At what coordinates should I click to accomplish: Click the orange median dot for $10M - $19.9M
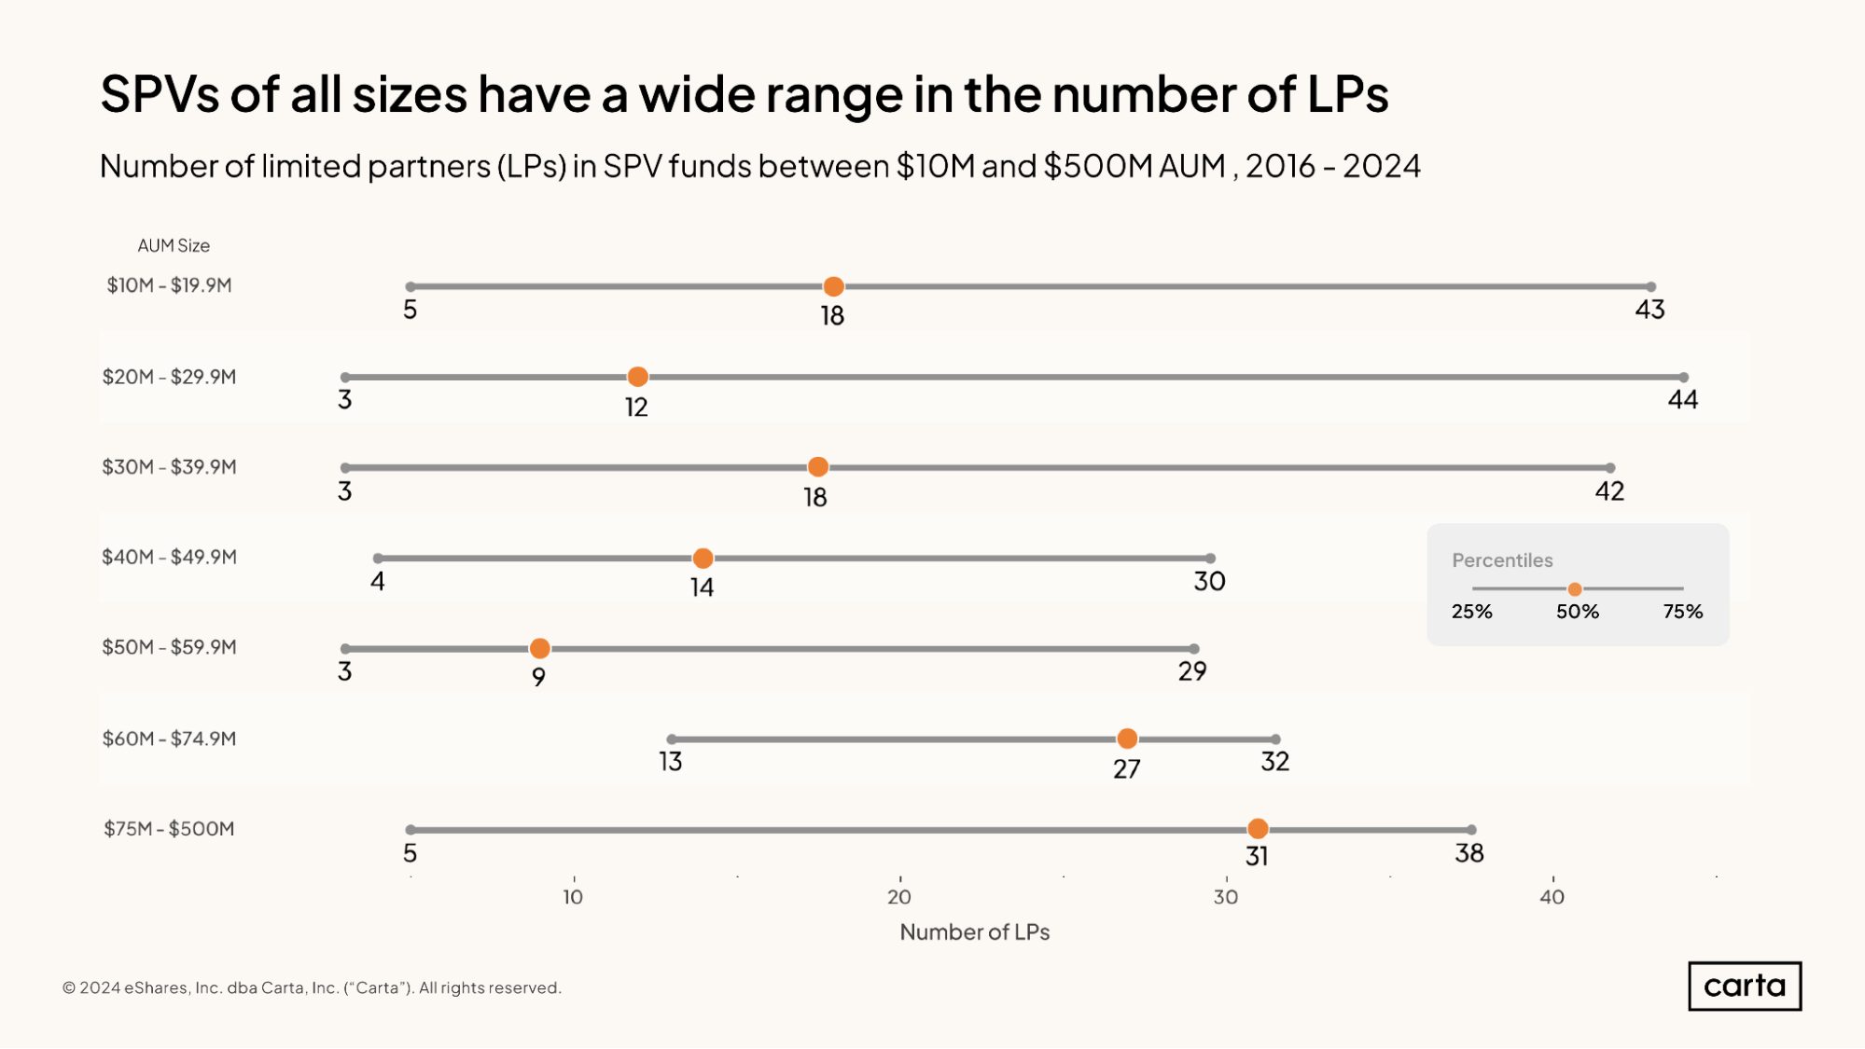pyautogui.click(x=833, y=286)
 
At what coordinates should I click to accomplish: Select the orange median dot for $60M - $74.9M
pyautogui.click(x=1127, y=738)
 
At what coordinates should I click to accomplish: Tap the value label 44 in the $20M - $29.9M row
pyautogui.click(x=1683, y=400)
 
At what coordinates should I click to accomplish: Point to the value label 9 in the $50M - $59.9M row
pyautogui.click(x=538, y=677)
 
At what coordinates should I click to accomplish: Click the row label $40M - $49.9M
pyautogui.click(x=169, y=557)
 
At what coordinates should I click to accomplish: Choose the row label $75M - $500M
pyautogui.click(x=169, y=829)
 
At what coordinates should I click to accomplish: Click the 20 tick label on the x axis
pyautogui.click(x=899, y=897)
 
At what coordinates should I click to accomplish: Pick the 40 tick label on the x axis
pyautogui.click(x=1552, y=897)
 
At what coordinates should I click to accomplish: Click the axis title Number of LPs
pyautogui.click(x=974, y=932)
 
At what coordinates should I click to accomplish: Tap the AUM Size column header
pyautogui.click(x=174, y=246)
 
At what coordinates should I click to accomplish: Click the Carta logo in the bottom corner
pyautogui.click(x=1744, y=987)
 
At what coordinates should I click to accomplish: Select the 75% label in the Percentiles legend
pyautogui.click(x=1682, y=612)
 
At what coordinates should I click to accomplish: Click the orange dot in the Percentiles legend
pyautogui.click(x=1575, y=589)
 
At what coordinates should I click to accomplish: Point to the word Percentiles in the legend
pyautogui.click(x=1502, y=560)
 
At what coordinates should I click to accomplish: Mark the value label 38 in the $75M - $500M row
pyautogui.click(x=1469, y=853)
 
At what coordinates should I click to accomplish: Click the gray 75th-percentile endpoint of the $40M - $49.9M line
pyautogui.click(x=1210, y=559)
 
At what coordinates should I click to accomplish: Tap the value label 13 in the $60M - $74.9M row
pyautogui.click(x=671, y=762)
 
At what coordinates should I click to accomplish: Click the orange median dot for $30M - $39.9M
pyautogui.click(x=817, y=467)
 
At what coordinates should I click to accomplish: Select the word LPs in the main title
pyautogui.click(x=1347, y=94)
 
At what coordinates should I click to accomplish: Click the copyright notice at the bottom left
pyautogui.click(x=312, y=988)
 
